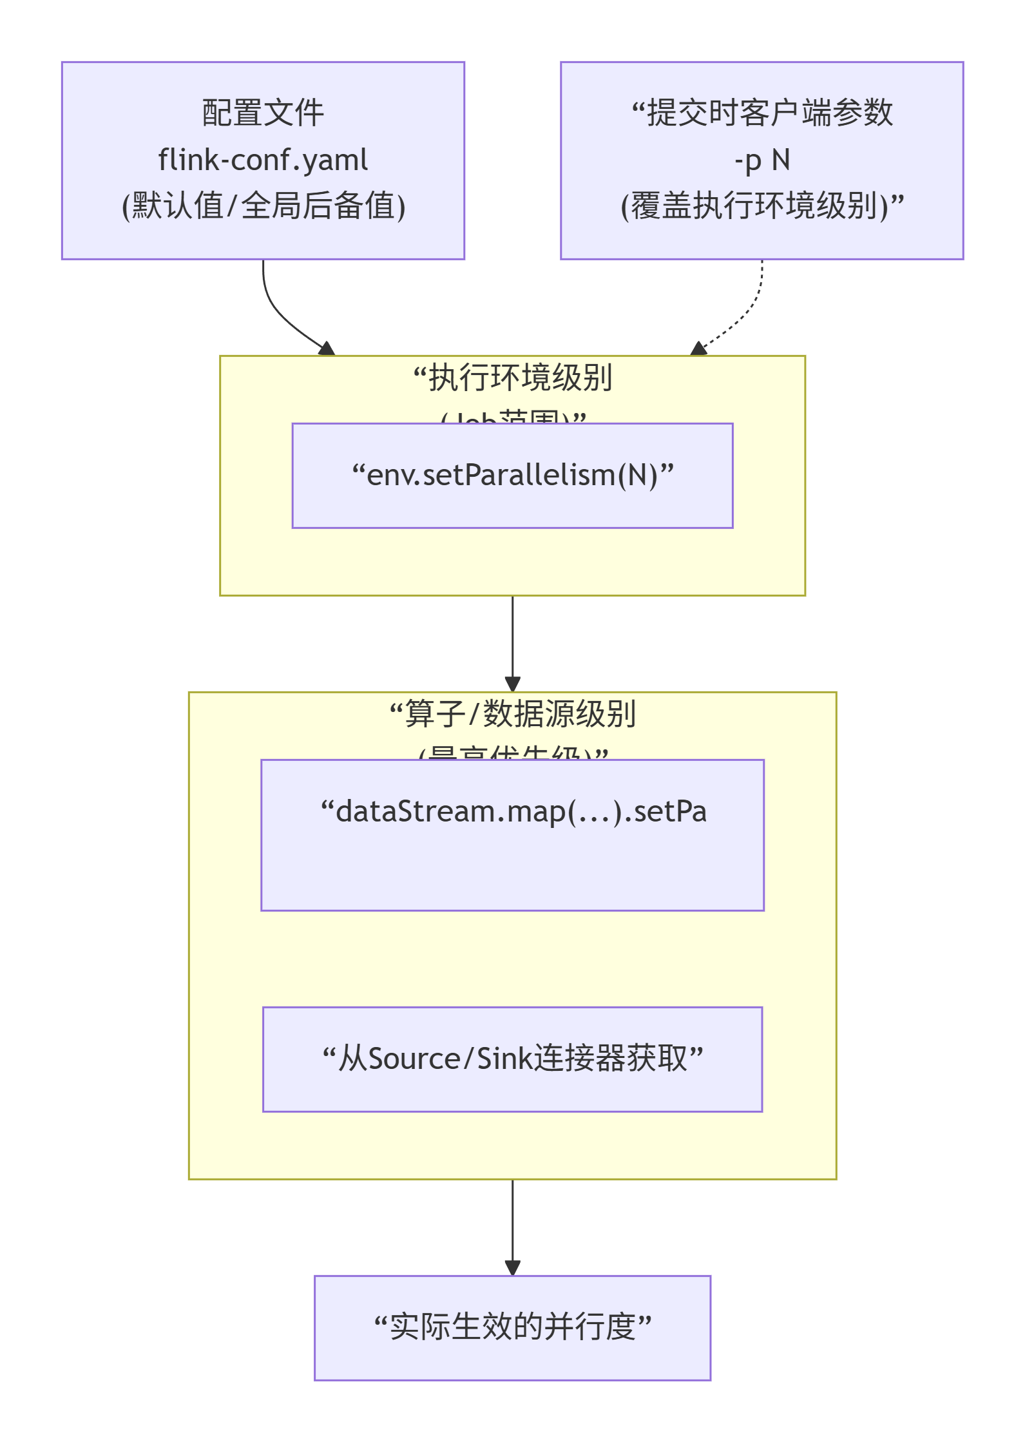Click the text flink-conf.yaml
click(263, 160)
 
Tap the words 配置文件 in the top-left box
click(263, 113)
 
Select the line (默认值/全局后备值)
click(263, 206)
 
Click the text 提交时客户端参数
click(769, 113)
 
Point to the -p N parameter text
click(762, 160)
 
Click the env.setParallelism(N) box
click(512, 476)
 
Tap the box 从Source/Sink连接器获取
click(512, 1059)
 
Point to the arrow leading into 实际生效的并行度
click(512, 1224)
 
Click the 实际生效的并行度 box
click(512, 1327)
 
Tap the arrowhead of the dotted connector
click(699, 349)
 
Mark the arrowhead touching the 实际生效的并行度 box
click(512, 1268)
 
